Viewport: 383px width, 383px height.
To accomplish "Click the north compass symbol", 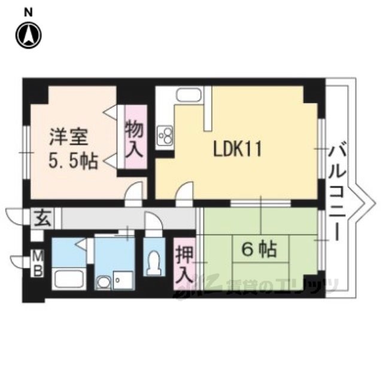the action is point(29,35).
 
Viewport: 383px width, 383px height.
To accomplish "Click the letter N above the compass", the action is point(29,13).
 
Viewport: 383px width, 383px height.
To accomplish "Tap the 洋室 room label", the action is point(69,138).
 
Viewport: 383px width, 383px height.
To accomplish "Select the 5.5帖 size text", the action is point(73,161).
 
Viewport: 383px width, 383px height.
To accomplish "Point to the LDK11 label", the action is point(238,149).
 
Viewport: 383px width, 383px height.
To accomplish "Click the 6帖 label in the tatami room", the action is point(259,250).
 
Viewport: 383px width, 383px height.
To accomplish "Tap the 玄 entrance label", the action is point(42,218).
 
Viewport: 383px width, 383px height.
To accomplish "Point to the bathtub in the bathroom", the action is point(69,279).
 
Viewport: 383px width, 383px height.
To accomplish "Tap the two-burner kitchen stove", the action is point(165,135).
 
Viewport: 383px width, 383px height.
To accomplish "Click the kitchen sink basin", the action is point(189,95).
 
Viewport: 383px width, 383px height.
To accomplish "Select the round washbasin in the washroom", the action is point(104,283).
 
